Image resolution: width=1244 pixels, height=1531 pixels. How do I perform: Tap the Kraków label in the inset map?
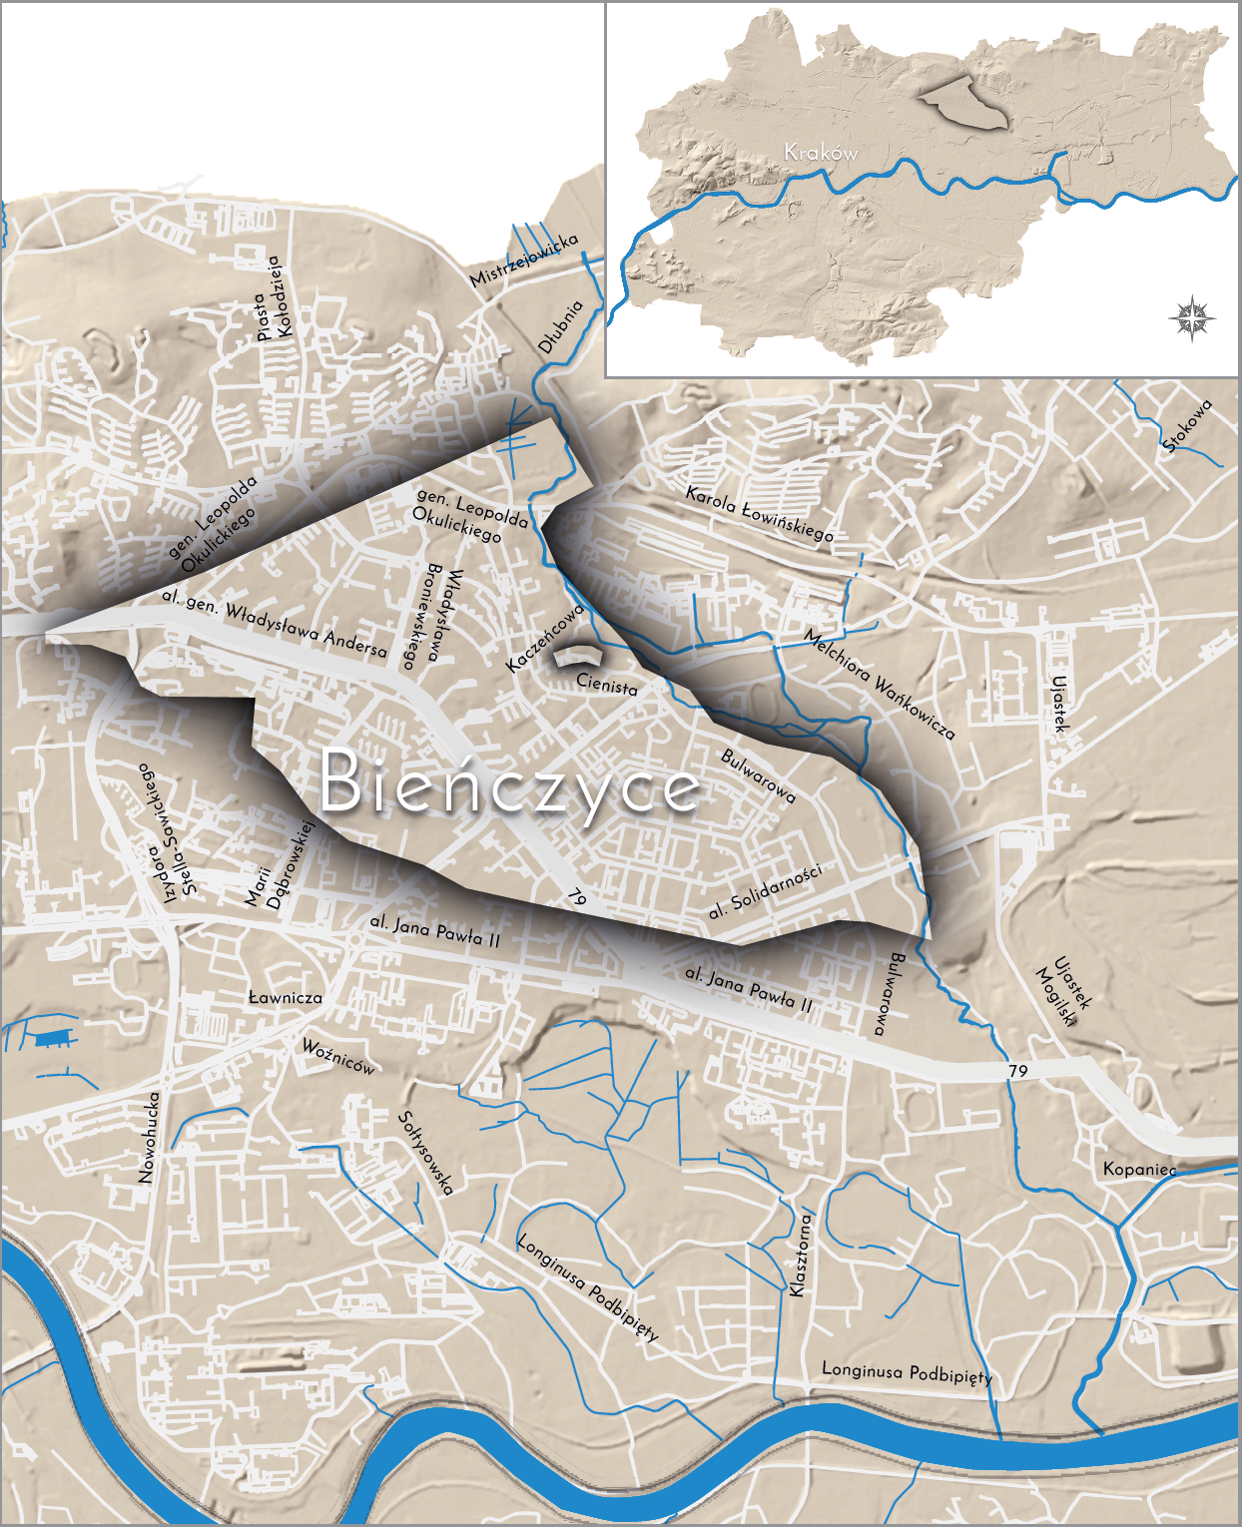tap(821, 153)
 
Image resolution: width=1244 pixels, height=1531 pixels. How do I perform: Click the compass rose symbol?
tap(1192, 318)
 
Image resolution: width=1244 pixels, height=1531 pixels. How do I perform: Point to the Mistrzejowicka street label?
tap(524, 260)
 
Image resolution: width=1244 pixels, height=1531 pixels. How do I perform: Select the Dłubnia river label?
tap(560, 327)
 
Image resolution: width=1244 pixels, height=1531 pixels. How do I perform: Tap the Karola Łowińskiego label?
tap(759, 514)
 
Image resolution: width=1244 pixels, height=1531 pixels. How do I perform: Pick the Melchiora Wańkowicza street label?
tap(880, 686)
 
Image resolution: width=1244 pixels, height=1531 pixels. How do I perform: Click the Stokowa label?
tap(1188, 425)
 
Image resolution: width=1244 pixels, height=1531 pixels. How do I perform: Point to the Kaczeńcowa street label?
tap(543, 639)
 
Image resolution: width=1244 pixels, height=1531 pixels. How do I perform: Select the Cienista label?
tap(606, 686)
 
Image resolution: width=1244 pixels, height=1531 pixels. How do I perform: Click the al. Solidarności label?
tap(765, 891)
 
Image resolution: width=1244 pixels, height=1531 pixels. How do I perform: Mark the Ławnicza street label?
tap(285, 997)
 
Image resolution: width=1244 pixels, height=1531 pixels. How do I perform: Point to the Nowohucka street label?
tap(148, 1137)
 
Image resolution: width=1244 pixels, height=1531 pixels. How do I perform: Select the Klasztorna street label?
tap(801, 1255)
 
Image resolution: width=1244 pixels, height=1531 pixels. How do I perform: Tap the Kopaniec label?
tap(1139, 1169)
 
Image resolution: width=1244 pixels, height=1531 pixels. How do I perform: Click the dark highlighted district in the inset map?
tap(963, 103)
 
